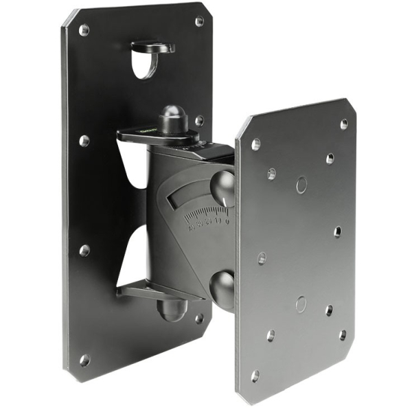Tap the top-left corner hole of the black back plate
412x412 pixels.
coord(84,30)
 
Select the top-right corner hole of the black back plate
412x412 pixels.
coord(199,21)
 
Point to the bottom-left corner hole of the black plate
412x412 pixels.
coord(84,360)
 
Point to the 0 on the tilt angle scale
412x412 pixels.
coord(226,221)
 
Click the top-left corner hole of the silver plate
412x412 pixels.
coord(255,144)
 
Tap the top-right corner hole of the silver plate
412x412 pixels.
coord(343,124)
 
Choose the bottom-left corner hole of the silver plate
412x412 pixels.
coord(255,376)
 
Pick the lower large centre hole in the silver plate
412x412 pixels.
coord(300,304)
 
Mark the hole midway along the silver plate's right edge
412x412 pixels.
coord(337,231)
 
